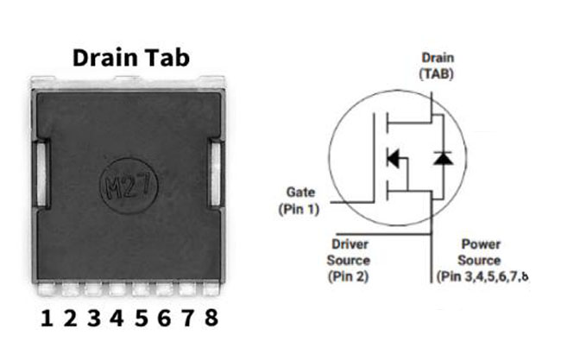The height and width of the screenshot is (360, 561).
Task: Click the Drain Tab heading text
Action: pyautogui.click(x=130, y=57)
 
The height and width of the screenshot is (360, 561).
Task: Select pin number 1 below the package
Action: pyautogui.click(x=47, y=318)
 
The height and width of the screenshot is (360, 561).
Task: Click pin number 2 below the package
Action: pyautogui.click(x=71, y=318)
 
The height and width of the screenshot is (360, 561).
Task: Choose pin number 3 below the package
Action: pyautogui.click(x=94, y=318)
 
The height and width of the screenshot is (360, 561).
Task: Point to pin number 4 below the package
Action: pyautogui.click(x=117, y=318)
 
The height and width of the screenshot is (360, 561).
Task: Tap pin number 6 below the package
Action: pyautogui.click(x=164, y=318)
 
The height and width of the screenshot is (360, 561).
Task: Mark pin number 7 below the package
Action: pyautogui.click(x=187, y=318)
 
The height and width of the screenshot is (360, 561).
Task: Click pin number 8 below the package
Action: pyautogui.click(x=211, y=318)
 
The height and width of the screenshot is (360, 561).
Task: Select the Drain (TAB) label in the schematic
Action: pyautogui.click(x=436, y=66)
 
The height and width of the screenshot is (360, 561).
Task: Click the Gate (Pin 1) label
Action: pyautogui.click(x=300, y=200)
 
